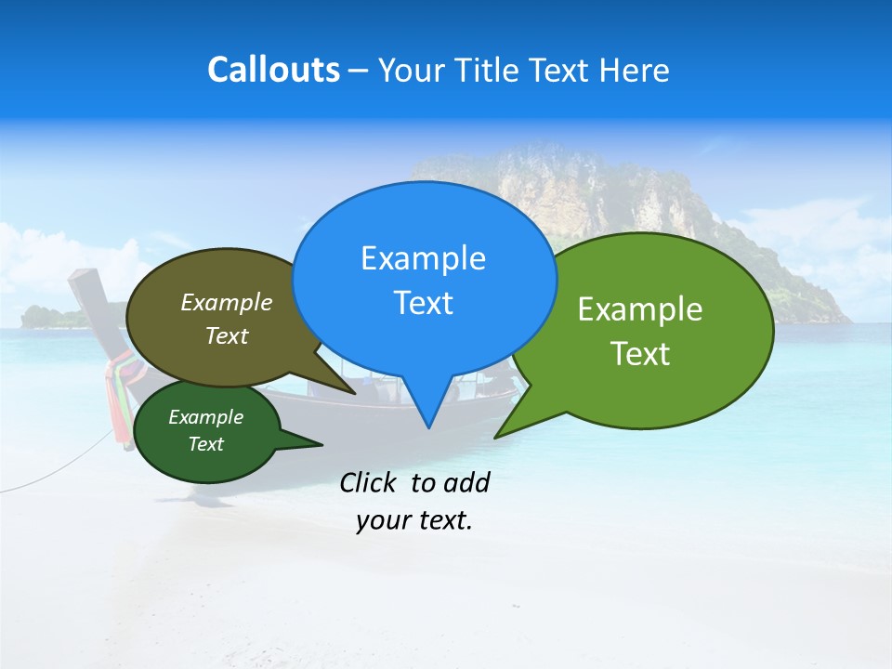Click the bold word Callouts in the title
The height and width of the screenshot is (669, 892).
click(x=273, y=70)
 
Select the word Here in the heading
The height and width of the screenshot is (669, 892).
click(x=633, y=70)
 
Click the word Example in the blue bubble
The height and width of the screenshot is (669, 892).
click(x=423, y=258)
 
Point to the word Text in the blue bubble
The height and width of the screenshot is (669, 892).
click(x=423, y=303)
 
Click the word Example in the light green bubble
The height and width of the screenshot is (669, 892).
click(x=640, y=309)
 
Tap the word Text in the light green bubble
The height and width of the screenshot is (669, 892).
click(x=640, y=353)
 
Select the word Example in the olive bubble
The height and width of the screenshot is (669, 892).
click(x=226, y=302)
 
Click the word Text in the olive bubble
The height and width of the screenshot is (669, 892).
click(x=226, y=335)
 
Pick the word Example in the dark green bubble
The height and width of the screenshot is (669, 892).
click(x=205, y=417)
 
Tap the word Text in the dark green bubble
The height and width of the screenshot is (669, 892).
click(x=205, y=444)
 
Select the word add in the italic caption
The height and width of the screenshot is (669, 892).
click(x=466, y=482)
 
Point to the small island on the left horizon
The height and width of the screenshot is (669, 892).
click(x=52, y=316)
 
